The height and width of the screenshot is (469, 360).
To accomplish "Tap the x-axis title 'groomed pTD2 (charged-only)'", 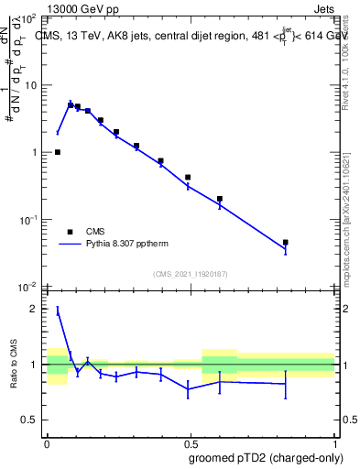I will pos(265,457).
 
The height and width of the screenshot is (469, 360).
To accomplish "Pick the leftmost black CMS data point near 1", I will pos(58,152).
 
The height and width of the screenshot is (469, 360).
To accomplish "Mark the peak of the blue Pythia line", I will pos(71,104).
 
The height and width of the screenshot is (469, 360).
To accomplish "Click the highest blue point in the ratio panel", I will pos(58,311).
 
